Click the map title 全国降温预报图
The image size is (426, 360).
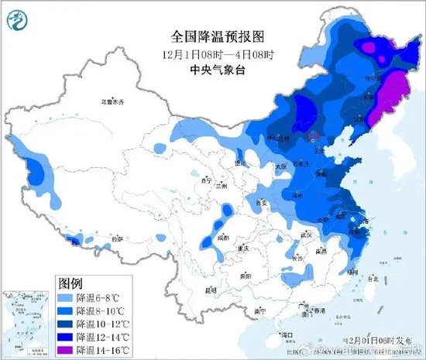(219, 36)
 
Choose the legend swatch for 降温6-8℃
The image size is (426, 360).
(65, 297)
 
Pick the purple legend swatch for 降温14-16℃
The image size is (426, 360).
(65, 351)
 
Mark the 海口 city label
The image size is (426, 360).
(290, 335)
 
